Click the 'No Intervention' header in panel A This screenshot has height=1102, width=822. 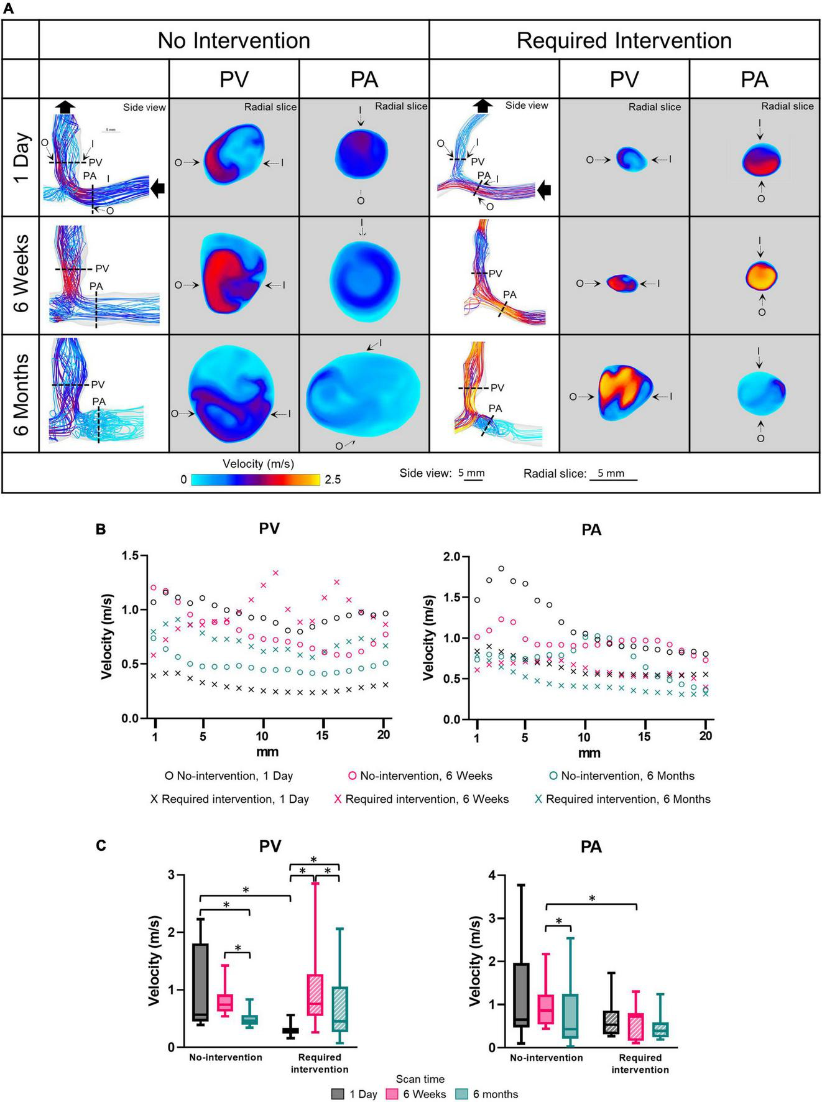(x=234, y=40)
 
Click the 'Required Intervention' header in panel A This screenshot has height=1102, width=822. (x=624, y=40)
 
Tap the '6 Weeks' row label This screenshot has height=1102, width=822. (x=21, y=274)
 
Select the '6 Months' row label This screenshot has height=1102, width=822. (x=21, y=394)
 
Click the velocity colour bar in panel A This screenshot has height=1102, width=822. (x=255, y=479)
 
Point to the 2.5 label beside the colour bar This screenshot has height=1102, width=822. (x=333, y=479)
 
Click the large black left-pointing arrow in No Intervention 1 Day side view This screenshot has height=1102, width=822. (x=158, y=187)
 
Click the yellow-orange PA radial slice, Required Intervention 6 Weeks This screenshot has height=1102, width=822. (x=761, y=275)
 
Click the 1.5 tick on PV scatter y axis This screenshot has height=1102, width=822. (x=132, y=555)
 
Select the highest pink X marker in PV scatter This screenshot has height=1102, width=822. (x=275, y=573)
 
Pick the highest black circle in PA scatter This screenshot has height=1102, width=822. (x=501, y=568)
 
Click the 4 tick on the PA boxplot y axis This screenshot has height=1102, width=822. (x=492, y=875)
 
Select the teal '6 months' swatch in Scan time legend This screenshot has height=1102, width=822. (x=462, y=1094)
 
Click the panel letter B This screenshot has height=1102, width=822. (x=101, y=530)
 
